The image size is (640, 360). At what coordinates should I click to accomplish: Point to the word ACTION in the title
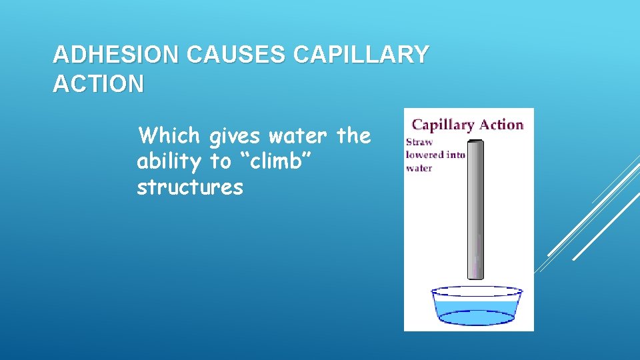click(x=98, y=85)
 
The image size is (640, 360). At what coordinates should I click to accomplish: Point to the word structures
click(x=190, y=188)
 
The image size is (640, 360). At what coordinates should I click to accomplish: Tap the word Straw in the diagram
click(x=419, y=141)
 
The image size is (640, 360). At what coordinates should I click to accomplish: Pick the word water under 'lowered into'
click(x=419, y=168)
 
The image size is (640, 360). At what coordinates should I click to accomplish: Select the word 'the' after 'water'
click(x=353, y=136)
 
